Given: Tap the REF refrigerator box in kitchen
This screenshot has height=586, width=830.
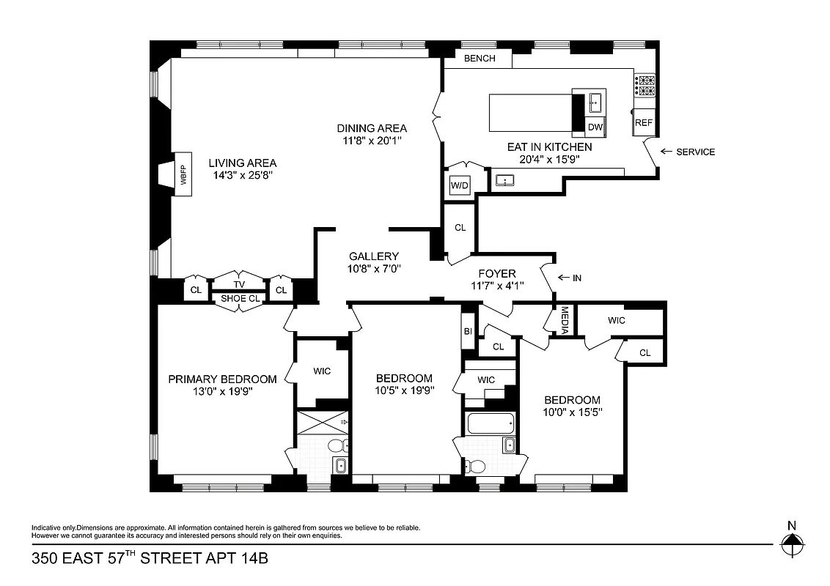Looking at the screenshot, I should [x=644, y=123].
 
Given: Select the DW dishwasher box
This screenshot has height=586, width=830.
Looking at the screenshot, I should [x=595, y=127].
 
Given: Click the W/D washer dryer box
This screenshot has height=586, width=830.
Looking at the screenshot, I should [x=460, y=185].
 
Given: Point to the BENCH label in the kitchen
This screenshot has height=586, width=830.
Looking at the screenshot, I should [x=480, y=59].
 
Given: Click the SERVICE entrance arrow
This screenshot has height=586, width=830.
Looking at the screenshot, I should [x=666, y=152].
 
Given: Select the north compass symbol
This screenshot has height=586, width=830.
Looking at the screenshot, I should [x=791, y=544].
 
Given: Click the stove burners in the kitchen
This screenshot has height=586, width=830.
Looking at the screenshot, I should [x=645, y=86].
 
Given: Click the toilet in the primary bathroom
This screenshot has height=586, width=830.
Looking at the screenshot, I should [x=337, y=445].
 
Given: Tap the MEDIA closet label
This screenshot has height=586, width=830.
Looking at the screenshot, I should [x=564, y=320].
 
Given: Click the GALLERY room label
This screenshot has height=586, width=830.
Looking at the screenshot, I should [x=374, y=256].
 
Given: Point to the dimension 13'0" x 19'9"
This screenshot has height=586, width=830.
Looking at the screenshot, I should [x=222, y=391].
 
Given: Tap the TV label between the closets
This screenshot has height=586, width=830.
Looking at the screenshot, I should [x=239, y=284].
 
